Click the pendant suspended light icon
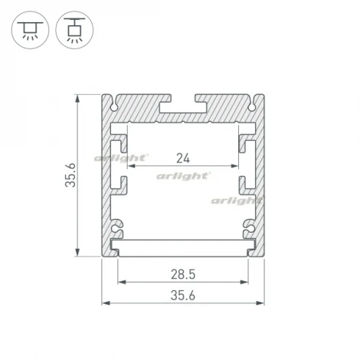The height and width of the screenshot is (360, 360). pyautogui.click(x=72, y=30)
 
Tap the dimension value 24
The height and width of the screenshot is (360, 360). pyautogui.click(x=183, y=159)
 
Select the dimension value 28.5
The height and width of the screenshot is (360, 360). pyautogui.click(x=183, y=274)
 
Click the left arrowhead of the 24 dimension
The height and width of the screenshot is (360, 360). pyautogui.click(x=130, y=165)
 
